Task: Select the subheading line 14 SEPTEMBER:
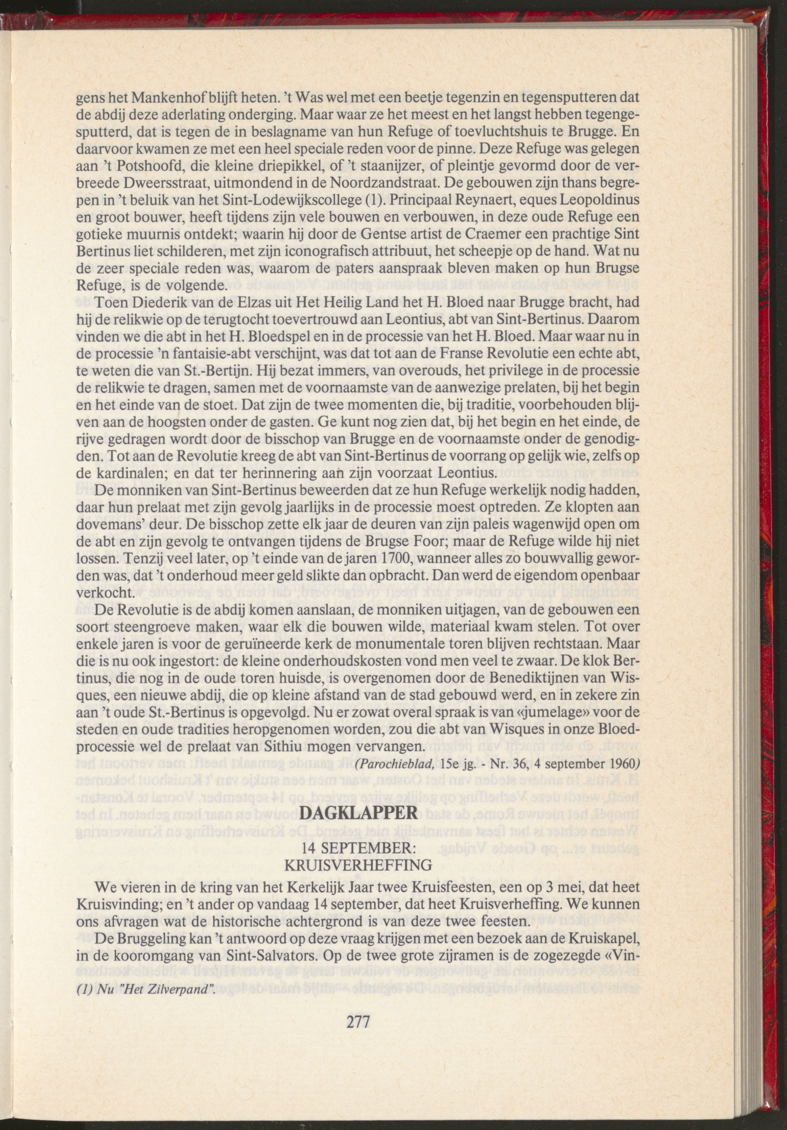[359, 848]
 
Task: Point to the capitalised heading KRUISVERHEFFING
[359, 865]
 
